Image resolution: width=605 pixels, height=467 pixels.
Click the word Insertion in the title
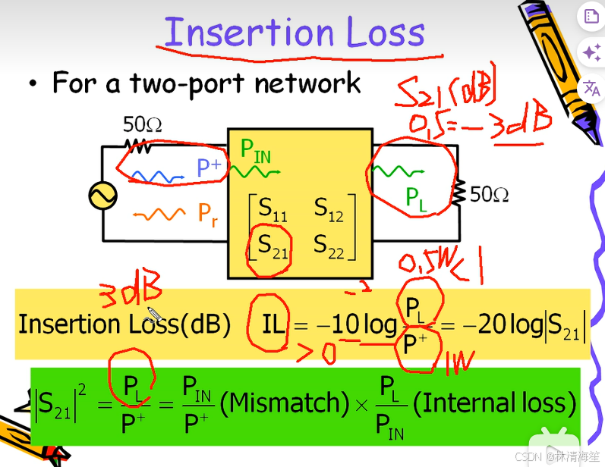click(x=248, y=32)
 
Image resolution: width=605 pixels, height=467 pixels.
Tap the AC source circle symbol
click(x=102, y=196)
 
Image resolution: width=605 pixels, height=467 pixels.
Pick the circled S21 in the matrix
click(x=272, y=244)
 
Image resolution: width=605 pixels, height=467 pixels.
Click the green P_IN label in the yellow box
click(x=255, y=150)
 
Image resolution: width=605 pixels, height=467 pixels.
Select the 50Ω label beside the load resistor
click(x=489, y=194)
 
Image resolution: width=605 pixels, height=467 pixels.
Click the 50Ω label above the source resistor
click(x=143, y=124)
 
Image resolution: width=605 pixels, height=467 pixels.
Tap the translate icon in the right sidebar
click(x=591, y=89)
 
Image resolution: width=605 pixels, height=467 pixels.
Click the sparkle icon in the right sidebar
click(x=591, y=52)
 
